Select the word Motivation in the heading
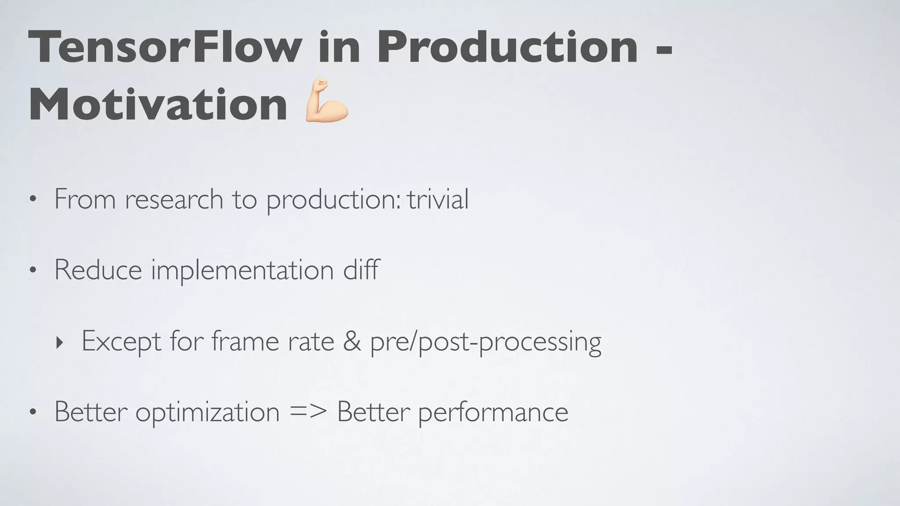coord(158,105)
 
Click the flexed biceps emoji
coord(327,101)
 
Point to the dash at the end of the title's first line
coord(664,50)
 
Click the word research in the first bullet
coord(174,200)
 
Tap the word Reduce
coord(98,270)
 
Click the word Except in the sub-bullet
coord(121,342)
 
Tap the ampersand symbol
coord(352,341)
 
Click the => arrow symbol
coord(308,412)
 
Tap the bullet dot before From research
coord(33,200)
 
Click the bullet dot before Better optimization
coord(33,412)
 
